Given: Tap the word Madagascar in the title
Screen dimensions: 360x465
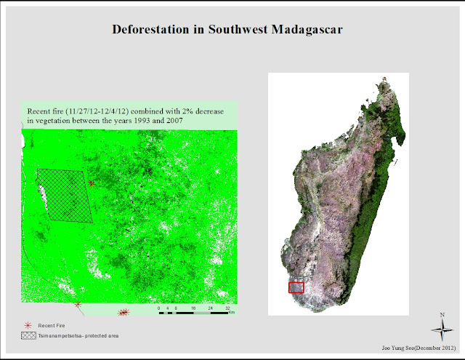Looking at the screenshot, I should tap(307, 30).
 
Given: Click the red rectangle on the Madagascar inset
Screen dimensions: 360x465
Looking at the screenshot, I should tap(296, 287).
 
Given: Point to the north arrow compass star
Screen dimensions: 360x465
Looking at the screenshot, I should tap(442, 331).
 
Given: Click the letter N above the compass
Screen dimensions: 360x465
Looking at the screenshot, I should tap(442, 315).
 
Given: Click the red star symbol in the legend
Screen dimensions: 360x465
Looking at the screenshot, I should tap(29, 324).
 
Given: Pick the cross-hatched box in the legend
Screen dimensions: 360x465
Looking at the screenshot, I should tap(29, 336).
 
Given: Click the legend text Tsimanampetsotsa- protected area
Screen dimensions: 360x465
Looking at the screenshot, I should tap(78, 336).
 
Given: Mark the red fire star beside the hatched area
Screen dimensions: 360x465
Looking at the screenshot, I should tap(91, 183).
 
